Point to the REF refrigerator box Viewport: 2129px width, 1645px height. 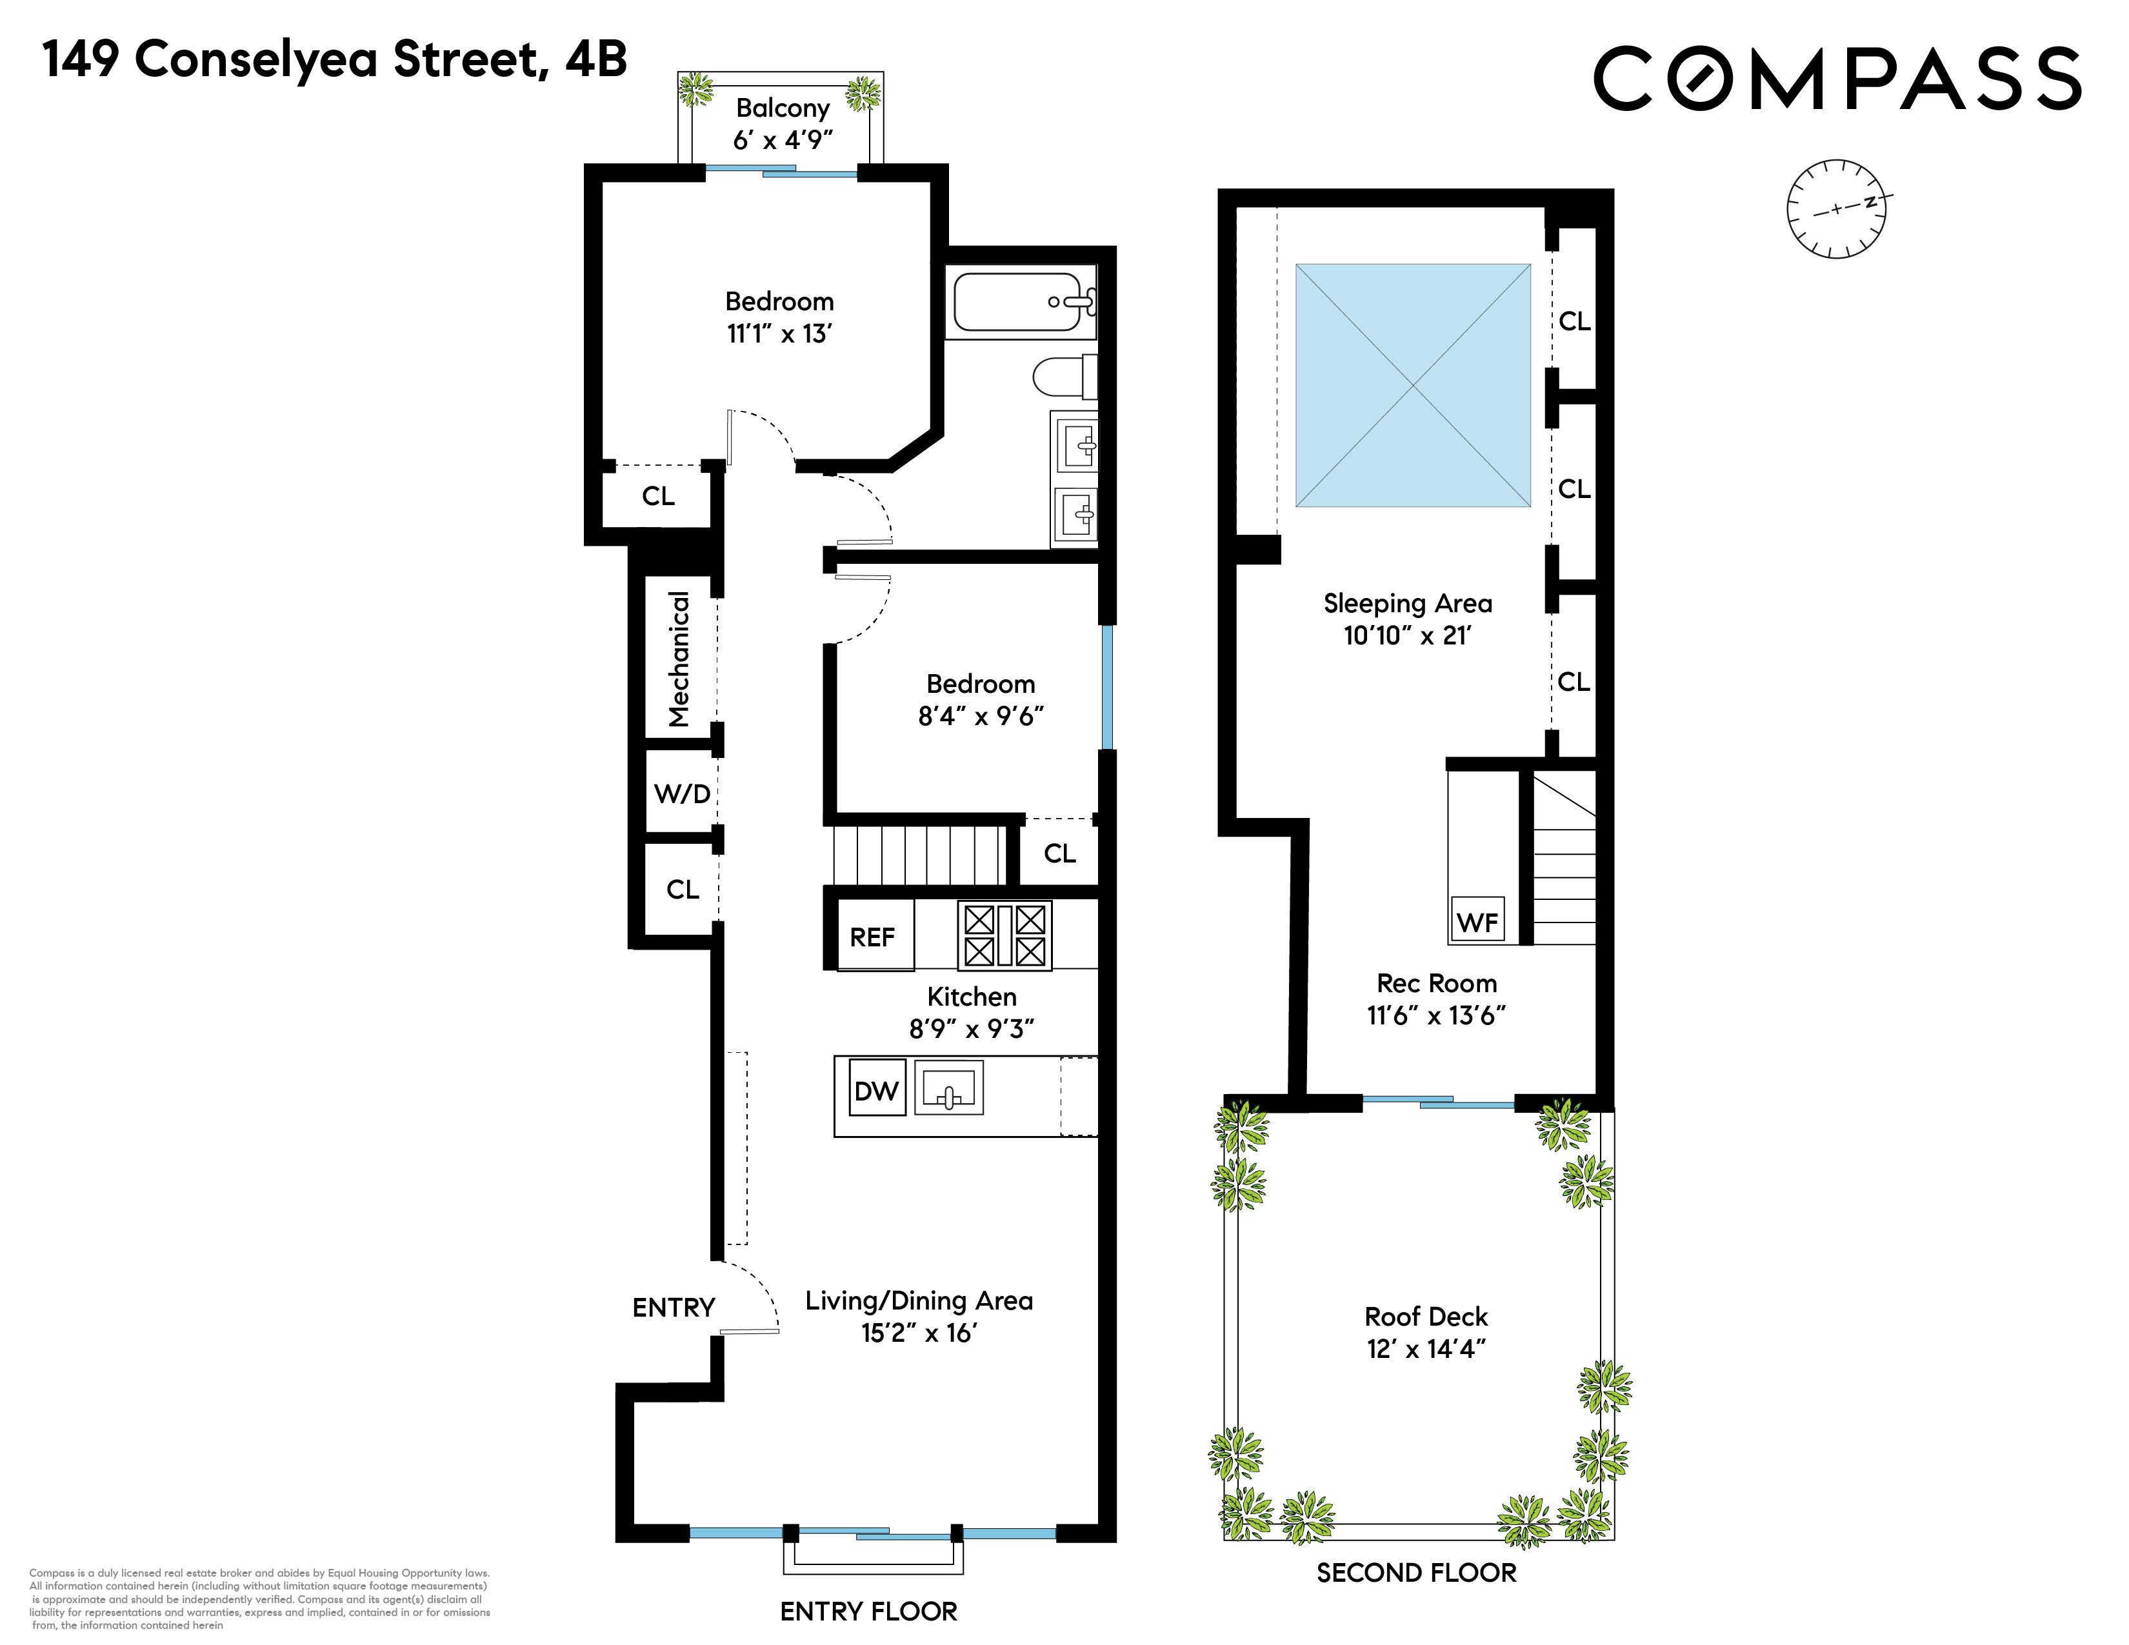coord(874,935)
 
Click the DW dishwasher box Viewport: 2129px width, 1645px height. coord(876,1090)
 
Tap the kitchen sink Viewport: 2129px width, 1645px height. coord(948,1088)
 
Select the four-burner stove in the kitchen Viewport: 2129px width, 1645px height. coord(1004,935)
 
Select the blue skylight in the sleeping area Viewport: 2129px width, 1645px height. coord(1412,385)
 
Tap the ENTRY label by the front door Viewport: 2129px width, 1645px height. coord(674,1307)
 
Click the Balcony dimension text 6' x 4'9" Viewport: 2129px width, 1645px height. coord(783,141)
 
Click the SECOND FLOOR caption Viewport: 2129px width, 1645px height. coord(1416,1573)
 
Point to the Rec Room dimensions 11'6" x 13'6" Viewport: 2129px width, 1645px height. coord(1436,1015)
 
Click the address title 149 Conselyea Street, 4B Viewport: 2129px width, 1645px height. coord(334,61)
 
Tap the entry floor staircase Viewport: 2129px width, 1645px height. coord(917,855)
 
